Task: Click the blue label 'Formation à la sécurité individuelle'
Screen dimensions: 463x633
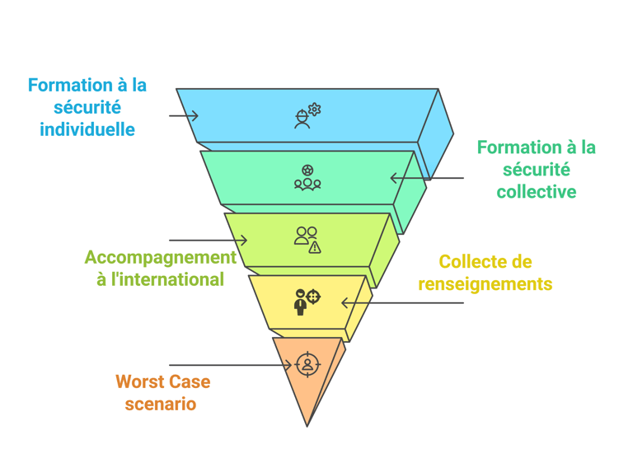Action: point(87,107)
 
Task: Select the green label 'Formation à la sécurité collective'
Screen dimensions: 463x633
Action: point(536,170)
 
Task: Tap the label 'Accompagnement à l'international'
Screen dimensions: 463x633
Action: point(160,268)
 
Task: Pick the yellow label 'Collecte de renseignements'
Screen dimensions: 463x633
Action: point(485,273)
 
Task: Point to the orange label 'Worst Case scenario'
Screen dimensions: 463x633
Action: point(162,392)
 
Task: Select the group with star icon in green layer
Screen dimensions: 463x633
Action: point(307,178)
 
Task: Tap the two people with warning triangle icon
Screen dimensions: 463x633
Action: point(307,239)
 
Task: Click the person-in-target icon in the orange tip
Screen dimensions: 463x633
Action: point(307,363)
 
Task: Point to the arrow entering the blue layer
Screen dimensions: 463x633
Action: point(184,115)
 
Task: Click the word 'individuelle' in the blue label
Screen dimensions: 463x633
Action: point(87,129)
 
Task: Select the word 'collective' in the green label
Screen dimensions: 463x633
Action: point(536,192)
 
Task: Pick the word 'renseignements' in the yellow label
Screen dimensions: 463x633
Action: point(485,284)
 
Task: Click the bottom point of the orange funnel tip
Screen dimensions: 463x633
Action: point(307,425)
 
